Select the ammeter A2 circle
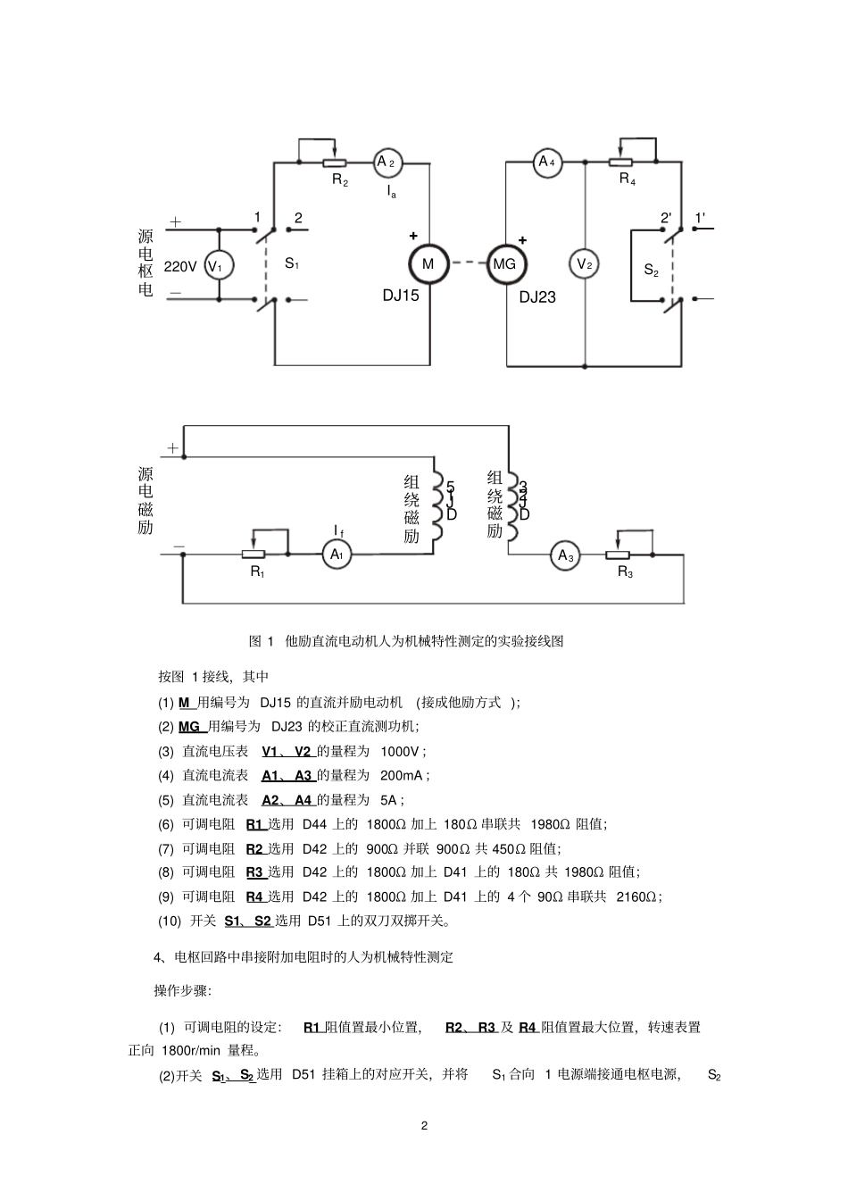[387, 163]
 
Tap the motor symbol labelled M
[428, 263]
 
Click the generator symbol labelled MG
[505, 264]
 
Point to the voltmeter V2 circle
[585, 263]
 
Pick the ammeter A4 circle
[547, 163]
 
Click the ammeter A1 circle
[337, 555]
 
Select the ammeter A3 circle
[566, 555]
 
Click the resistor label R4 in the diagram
[628, 179]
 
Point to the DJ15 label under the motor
[401, 296]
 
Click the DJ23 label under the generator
[537, 297]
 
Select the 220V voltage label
[180, 266]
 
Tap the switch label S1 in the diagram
[292, 263]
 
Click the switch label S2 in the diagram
[652, 269]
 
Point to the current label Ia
[392, 191]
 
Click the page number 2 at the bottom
[425, 1125]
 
